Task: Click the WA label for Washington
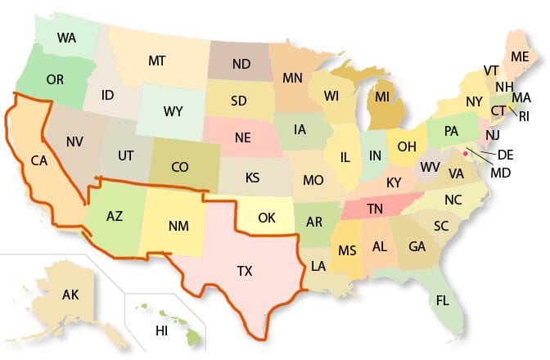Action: click(68, 38)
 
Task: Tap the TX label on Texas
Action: click(246, 270)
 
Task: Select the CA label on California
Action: click(39, 160)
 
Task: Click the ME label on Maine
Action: click(519, 56)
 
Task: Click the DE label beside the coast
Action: click(506, 154)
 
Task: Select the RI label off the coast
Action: click(524, 116)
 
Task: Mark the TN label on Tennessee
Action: click(375, 209)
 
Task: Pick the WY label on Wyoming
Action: click(173, 110)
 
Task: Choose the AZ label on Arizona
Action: click(115, 217)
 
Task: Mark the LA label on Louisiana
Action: click(318, 266)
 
